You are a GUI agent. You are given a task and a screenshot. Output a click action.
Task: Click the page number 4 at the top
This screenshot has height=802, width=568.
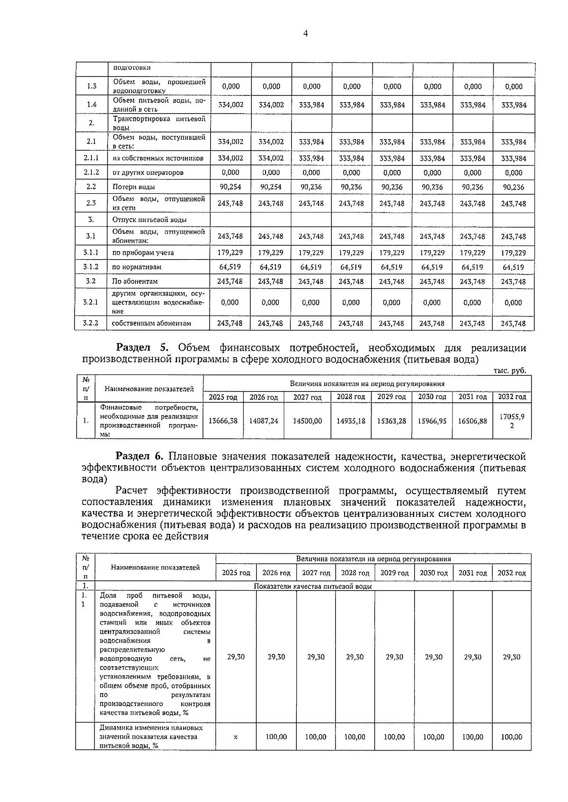305,33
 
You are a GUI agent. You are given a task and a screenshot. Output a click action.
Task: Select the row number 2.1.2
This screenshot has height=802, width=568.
91,172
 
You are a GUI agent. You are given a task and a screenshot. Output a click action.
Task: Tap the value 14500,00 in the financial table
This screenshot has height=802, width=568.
307,420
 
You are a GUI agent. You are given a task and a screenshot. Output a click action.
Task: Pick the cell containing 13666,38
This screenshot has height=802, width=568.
223,420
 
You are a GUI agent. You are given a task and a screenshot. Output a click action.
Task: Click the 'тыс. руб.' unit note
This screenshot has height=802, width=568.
509,371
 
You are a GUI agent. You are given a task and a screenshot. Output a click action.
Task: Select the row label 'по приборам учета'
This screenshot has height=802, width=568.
143,253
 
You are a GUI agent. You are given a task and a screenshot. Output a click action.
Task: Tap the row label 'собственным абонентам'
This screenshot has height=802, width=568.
151,323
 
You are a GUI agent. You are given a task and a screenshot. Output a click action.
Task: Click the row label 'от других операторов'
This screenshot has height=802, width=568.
148,173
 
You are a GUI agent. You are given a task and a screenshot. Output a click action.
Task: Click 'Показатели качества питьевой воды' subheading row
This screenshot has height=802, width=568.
312,586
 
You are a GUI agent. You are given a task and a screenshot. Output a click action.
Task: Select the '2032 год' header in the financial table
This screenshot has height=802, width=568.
512,397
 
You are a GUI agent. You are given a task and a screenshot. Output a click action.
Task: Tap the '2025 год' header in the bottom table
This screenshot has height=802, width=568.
236,573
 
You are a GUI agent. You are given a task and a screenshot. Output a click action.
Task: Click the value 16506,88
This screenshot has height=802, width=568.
472,420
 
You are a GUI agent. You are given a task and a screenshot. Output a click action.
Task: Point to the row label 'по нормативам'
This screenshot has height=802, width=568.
137,267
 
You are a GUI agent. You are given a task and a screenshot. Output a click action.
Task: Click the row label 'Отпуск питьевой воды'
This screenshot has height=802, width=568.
149,220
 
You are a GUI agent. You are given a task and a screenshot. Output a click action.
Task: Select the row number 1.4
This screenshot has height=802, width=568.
92,105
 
